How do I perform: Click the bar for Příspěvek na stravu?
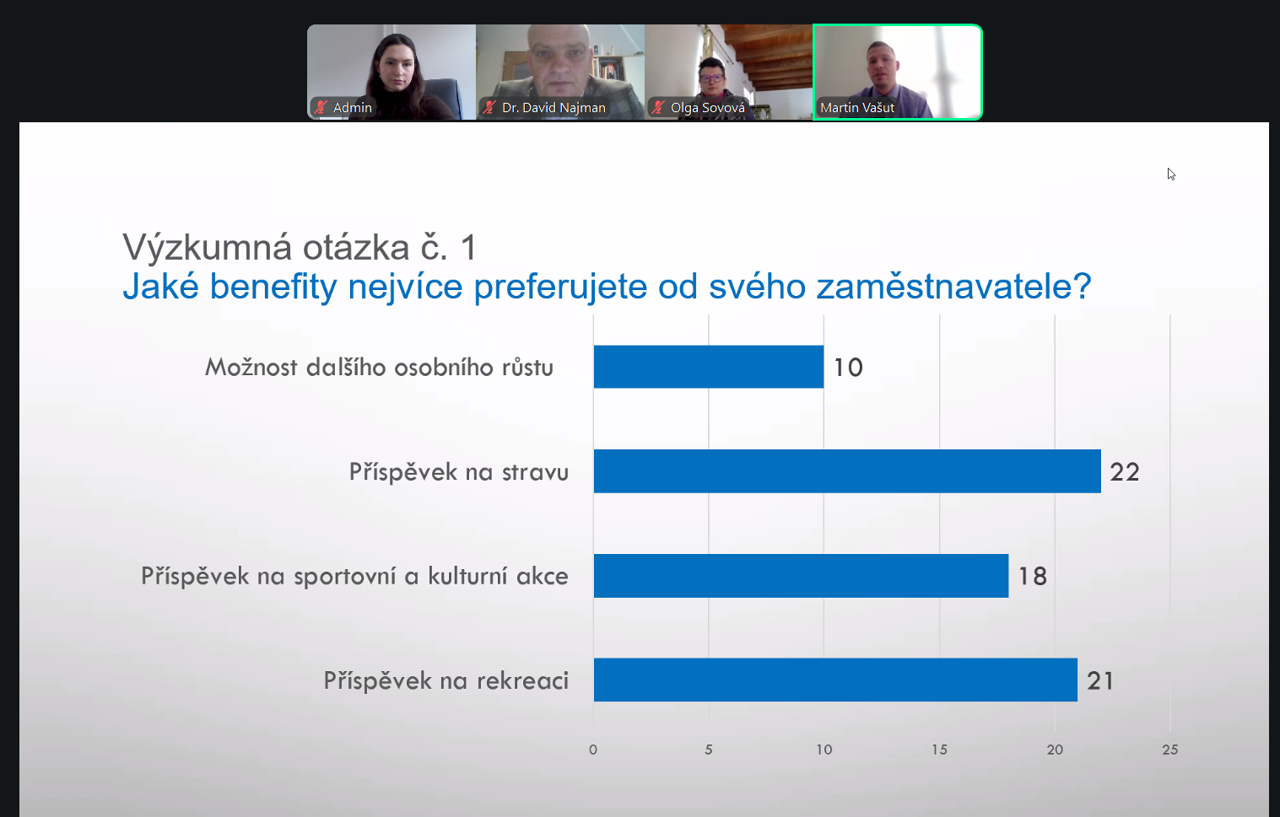[847, 471]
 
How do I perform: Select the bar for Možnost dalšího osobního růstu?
[709, 367]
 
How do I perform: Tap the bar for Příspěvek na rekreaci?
[835, 680]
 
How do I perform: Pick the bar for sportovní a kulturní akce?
[801, 576]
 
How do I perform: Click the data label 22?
[1125, 472]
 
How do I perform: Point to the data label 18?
[1033, 577]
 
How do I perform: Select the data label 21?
[1100, 681]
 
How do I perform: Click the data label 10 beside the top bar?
[848, 368]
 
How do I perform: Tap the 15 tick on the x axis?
[939, 750]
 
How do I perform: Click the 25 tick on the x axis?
[1169, 750]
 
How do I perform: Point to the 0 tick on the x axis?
[593, 750]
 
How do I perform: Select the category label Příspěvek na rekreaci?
[446, 680]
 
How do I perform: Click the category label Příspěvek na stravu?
[459, 472]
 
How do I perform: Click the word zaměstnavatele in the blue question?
[953, 286]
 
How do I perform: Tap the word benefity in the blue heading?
[273, 288]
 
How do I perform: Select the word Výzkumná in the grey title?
[207, 249]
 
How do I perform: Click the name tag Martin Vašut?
[857, 107]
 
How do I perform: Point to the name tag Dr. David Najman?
[554, 107]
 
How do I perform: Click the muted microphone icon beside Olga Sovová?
[657, 107]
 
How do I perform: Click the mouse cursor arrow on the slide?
[1171, 175]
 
